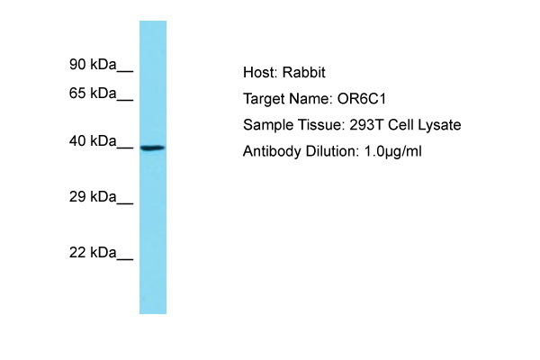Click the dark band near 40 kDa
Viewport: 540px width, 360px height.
click(153, 148)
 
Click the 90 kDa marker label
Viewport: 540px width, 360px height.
click(93, 65)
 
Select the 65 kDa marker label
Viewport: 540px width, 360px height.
click(93, 93)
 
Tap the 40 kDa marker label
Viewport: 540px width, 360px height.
click(93, 141)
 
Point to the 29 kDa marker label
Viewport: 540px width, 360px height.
click(93, 197)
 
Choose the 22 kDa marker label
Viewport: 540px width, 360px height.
click(93, 253)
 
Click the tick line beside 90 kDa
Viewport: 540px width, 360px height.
click(125, 72)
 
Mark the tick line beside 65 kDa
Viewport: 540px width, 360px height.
click(125, 100)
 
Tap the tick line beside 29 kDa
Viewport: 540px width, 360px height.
click(125, 204)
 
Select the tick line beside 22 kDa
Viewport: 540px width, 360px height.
click(125, 260)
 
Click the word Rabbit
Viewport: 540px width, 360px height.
click(304, 72)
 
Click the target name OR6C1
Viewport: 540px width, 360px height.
click(362, 99)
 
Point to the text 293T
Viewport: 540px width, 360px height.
click(366, 125)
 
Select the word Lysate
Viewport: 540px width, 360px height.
click(439, 125)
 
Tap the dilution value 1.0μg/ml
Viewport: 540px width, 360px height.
click(393, 151)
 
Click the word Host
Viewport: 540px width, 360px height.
click(260, 72)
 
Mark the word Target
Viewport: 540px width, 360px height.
click(264, 100)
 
